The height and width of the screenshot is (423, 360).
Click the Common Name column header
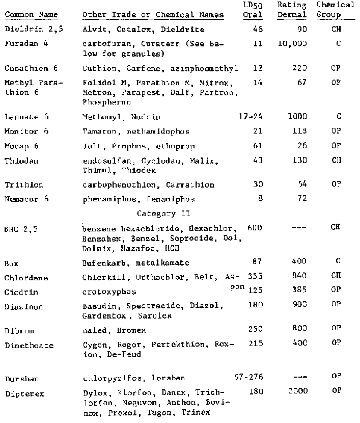(x=24, y=15)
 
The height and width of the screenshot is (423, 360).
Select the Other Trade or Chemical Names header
(x=153, y=15)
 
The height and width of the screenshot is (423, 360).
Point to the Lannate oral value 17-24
(x=251, y=117)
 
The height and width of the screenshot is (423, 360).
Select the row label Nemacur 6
(x=27, y=199)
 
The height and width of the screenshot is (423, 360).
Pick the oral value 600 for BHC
(x=255, y=227)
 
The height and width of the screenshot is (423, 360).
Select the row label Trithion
(x=23, y=184)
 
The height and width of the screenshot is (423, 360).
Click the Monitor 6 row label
(x=26, y=131)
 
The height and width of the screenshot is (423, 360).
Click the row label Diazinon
(x=22, y=307)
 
